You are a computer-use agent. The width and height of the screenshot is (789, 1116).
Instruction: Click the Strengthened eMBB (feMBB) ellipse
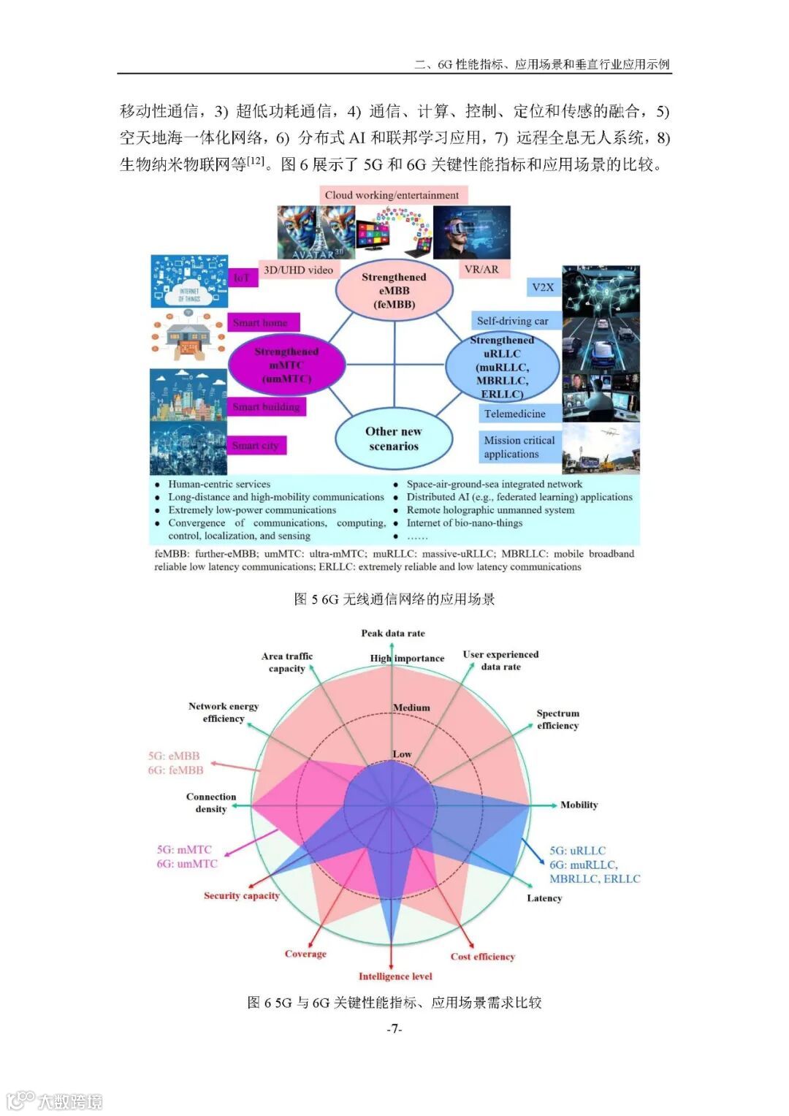point(394,290)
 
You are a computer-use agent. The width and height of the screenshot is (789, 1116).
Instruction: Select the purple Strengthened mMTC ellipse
point(286,365)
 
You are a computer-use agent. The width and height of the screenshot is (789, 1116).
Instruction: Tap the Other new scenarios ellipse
point(394,439)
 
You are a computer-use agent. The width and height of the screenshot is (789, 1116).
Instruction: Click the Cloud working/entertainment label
point(392,195)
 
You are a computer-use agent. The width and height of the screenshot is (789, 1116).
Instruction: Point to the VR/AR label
point(481,269)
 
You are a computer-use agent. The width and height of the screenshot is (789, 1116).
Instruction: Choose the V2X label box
point(543,287)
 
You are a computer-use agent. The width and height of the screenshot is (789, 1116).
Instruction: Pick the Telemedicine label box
point(514,414)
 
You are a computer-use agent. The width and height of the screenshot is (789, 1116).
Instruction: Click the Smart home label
point(260,322)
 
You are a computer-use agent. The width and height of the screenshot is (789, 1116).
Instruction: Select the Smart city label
point(255,445)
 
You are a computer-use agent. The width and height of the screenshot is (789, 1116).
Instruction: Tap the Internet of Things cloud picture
point(189,281)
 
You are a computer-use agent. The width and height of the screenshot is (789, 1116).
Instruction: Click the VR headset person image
point(471,232)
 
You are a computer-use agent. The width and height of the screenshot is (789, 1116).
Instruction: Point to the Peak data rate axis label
point(392,633)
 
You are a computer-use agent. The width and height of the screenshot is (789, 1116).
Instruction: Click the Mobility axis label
point(579,805)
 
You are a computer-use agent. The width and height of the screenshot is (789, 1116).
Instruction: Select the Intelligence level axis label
point(395,976)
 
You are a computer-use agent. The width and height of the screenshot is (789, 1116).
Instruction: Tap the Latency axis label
point(544,898)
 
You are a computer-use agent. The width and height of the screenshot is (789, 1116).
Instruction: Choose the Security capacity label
point(242,895)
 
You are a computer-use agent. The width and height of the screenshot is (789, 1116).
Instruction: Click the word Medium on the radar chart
point(411,707)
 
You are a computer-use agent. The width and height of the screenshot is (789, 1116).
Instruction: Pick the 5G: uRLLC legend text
point(577,851)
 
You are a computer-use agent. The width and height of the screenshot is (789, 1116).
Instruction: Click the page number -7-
point(394,1029)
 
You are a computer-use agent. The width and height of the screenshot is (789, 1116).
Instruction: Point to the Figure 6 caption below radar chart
point(394,1002)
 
